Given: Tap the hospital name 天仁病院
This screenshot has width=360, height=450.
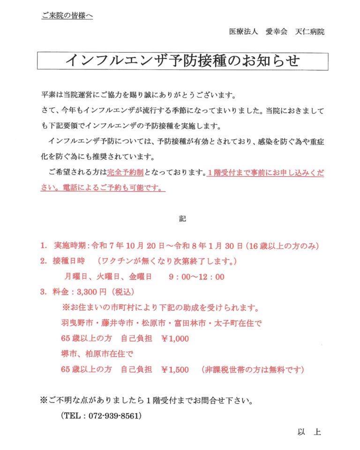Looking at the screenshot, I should [310, 32].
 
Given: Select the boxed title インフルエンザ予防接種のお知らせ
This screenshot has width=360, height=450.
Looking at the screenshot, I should [182, 61].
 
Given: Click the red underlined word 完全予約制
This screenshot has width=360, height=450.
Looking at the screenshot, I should [125, 172].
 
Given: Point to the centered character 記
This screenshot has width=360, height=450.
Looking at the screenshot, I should [182, 218].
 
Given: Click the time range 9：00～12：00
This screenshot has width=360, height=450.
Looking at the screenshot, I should [196, 277].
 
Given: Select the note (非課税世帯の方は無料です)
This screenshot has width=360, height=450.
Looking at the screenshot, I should [253, 369].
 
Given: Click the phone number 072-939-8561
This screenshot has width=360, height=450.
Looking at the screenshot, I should [109, 416].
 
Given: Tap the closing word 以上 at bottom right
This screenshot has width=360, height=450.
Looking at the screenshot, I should [309, 432].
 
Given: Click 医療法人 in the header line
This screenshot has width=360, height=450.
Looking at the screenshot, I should [243, 32].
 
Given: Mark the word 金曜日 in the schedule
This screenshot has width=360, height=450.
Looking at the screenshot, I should [139, 277].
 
